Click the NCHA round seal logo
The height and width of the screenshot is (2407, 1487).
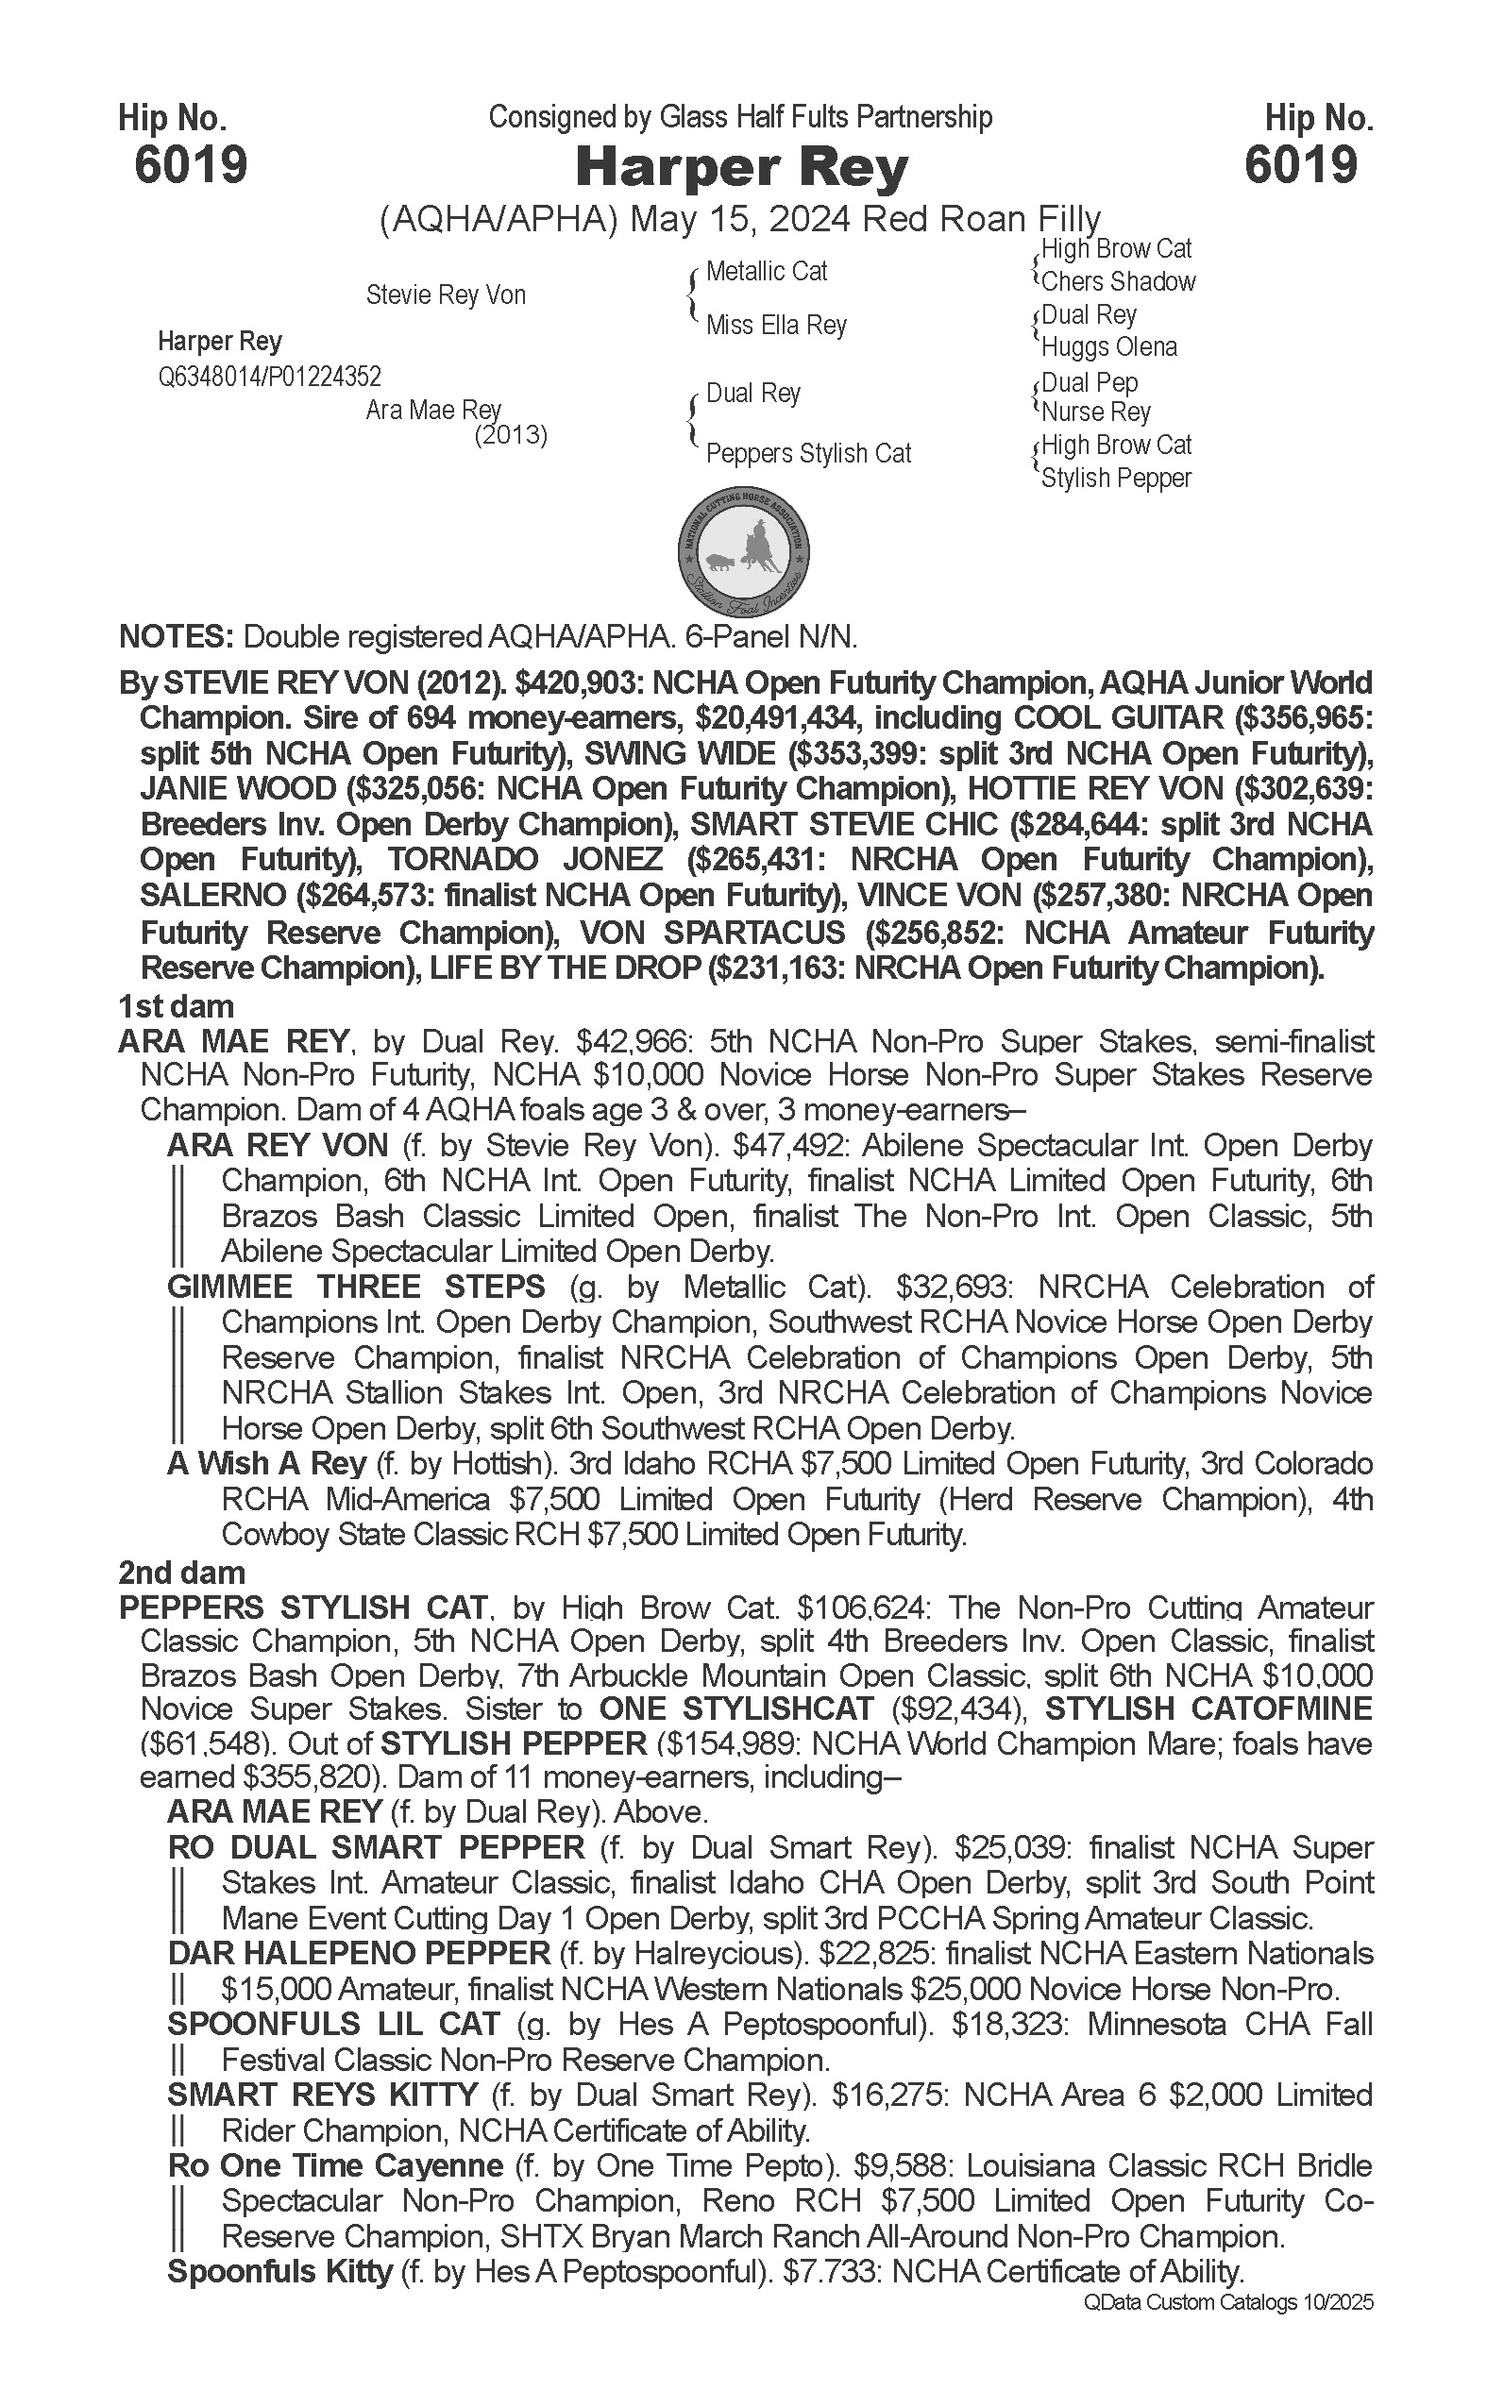tap(744, 552)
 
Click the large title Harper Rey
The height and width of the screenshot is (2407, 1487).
tap(741, 168)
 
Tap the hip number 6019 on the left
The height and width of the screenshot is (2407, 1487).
tap(191, 164)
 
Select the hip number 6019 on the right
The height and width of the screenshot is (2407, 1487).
tap(1300, 164)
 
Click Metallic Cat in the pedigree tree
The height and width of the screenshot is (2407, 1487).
tap(766, 272)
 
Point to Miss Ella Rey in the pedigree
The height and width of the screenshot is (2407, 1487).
tap(775, 325)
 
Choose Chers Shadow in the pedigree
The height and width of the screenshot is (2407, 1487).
tap(1118, 281)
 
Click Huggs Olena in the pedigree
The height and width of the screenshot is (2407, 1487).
tap(1108, 347)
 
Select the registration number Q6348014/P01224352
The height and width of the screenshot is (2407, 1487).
tap(269, 377)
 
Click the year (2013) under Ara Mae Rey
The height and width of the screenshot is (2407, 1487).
tap(511, 434)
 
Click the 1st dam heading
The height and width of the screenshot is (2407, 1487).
tap(176, 1007)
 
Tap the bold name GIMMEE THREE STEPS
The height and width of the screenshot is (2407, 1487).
tap(356, 1288)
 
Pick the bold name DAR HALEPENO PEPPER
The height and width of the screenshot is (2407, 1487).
tap(359, 1953)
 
